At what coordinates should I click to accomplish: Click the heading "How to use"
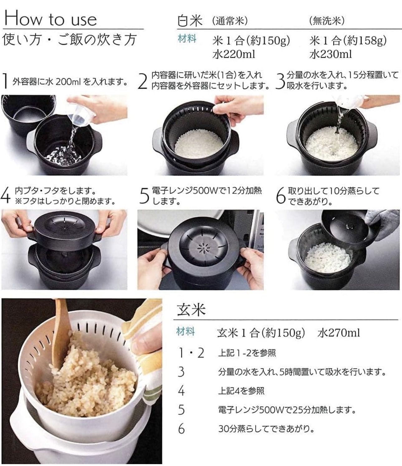[50, 18]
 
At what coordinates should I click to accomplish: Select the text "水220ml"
[234, 54]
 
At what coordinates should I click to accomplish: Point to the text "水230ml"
[331, 54]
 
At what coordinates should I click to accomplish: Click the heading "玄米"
[191, 310]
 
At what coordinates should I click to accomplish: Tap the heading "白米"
[190, 21]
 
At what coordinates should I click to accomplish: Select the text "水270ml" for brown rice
[338, 333]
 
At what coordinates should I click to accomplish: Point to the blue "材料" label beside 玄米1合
[185, 332]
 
